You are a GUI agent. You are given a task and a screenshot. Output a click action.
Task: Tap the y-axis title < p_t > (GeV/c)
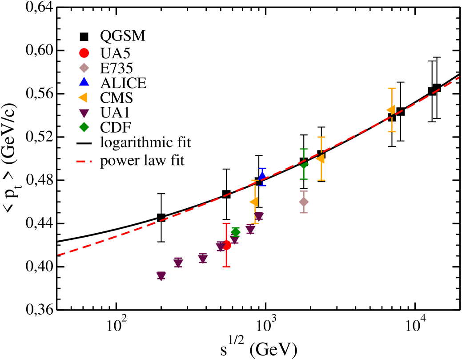pyautogui.click(x=12, y=158)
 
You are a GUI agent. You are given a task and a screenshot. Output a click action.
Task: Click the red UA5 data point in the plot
pyautogui.click(x=226, y=245)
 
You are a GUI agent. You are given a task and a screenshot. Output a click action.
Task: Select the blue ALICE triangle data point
pyautogui.click(x=262, y=177)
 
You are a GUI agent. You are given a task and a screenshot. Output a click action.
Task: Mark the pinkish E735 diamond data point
pyautogui.click(x=304, y=202)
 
